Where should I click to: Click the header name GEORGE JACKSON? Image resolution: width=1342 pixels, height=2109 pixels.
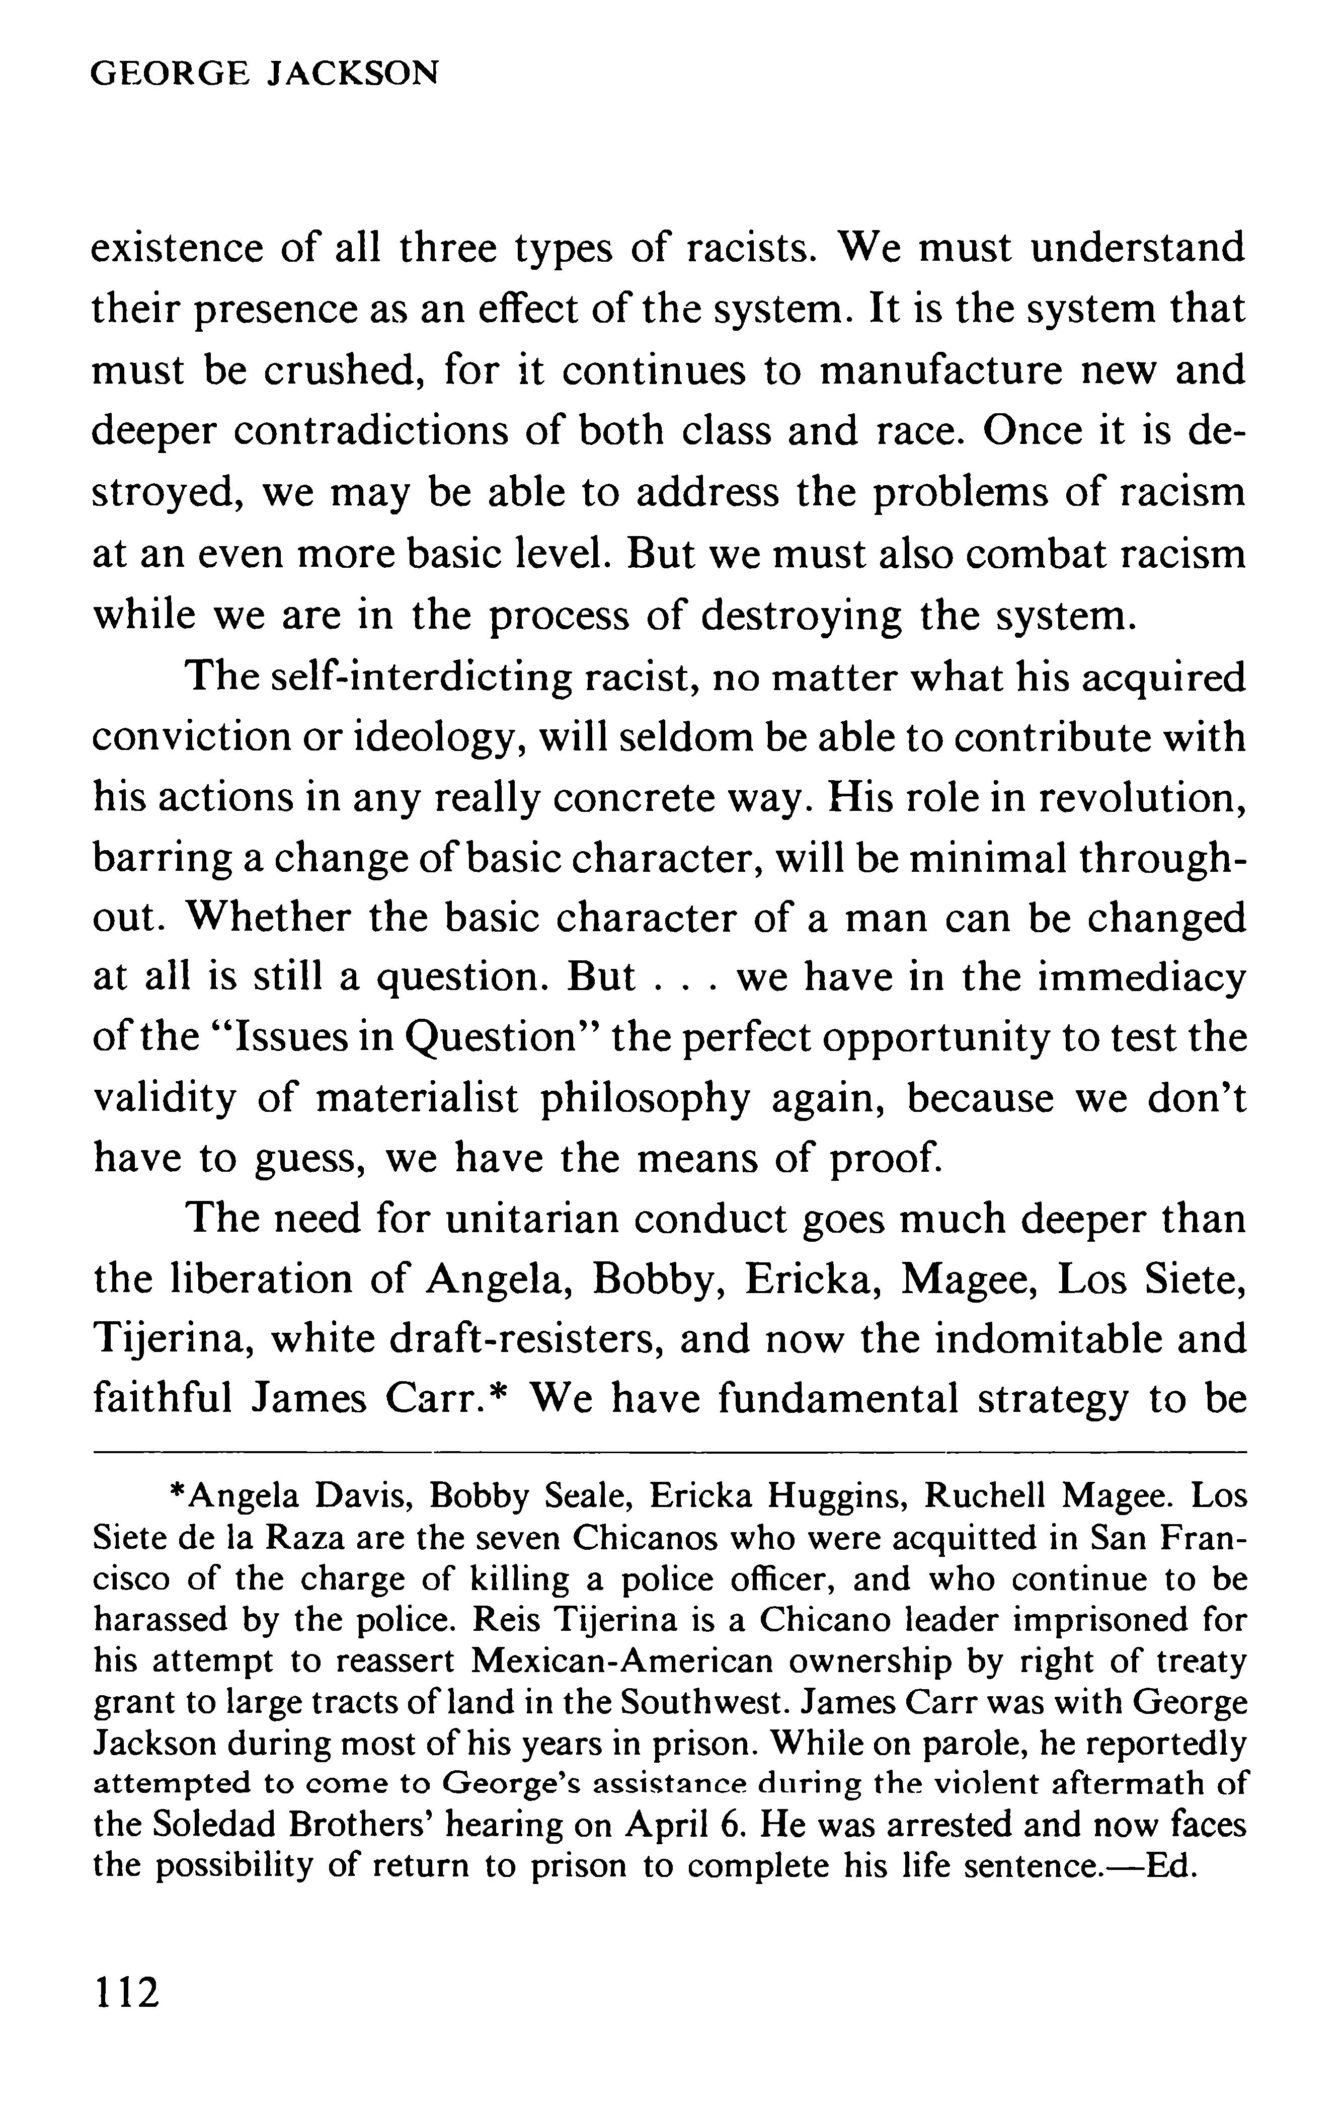264,73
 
